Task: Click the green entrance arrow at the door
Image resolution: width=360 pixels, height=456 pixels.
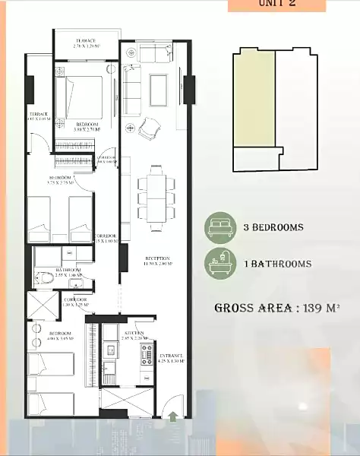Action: (175, 416)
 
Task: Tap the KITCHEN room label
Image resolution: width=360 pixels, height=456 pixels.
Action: (134, 334)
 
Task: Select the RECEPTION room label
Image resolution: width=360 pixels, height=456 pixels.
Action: (157, 261)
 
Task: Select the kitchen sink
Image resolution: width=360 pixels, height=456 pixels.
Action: (109, 350)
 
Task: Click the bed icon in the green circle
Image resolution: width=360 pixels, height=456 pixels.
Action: (221, 226)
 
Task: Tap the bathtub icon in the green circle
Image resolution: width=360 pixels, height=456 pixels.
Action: (221, 264)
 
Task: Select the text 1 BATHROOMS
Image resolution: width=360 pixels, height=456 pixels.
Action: (279, 264)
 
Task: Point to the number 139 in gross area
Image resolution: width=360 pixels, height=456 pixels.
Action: (313, 308)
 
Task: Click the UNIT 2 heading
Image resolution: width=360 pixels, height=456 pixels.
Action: (276, 4)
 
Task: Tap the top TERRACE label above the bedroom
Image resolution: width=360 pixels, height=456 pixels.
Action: (86, 41)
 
